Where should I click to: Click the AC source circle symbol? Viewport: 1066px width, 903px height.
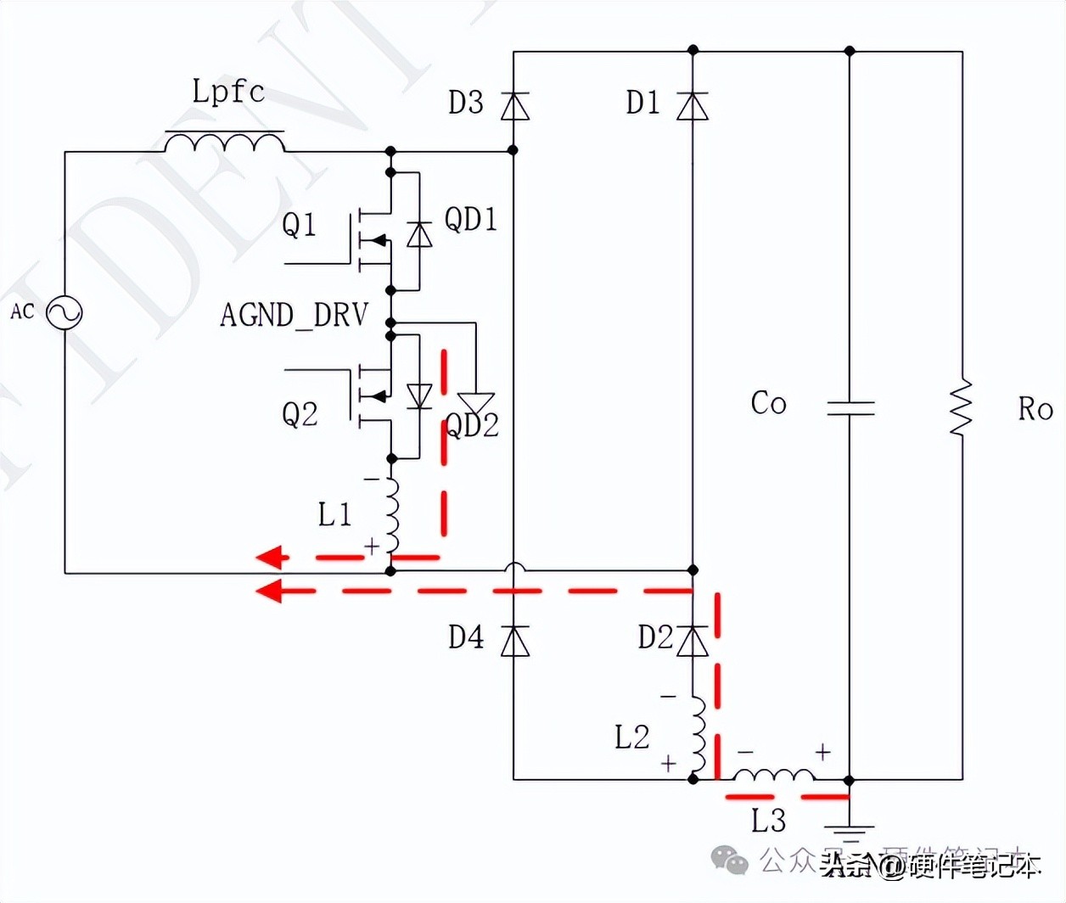point(64,312)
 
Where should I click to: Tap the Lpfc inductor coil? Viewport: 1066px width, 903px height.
point(224,143)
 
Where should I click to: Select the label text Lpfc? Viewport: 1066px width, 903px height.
point(227,91)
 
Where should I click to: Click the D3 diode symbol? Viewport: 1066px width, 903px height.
point(514,106)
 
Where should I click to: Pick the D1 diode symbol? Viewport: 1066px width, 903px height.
point(693,106)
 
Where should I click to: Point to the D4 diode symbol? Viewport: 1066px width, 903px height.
point(514,641)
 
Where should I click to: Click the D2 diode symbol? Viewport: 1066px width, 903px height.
point(693,641)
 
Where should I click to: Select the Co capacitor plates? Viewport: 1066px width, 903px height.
point(850,407)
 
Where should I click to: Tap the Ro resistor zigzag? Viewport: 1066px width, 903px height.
point(962,408)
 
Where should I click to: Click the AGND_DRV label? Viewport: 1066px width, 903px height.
point(294,315)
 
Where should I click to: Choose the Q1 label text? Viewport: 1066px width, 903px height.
point(299,225)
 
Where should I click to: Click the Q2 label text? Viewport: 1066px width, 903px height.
point(300,414)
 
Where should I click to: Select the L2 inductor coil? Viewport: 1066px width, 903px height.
point(697,735)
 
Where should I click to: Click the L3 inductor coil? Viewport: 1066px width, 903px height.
point(773,775)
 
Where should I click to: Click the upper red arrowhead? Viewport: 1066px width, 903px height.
point(271,558)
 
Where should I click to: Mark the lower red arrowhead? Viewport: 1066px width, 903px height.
point(269,590)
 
